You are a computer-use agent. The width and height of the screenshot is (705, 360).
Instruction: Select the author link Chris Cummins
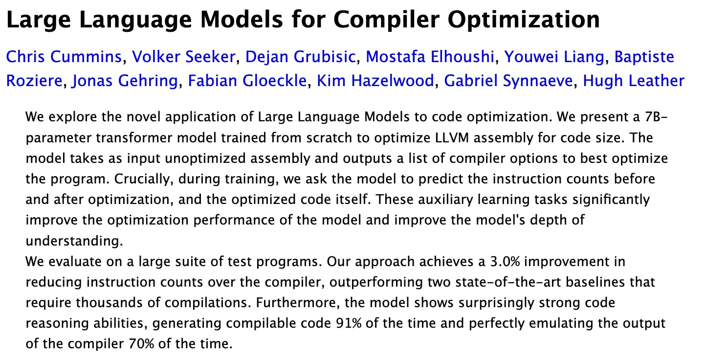[64, 57]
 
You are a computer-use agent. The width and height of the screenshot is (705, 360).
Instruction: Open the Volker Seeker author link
[183, 57]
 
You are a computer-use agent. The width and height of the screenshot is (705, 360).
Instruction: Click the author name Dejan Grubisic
[300, 57]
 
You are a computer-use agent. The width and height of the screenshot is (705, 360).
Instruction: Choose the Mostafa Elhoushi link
[430, 57]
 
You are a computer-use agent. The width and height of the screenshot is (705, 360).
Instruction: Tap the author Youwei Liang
[554, 57]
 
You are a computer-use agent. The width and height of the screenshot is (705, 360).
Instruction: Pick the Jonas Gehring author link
[125, 81]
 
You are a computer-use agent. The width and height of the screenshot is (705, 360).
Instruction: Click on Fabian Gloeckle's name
[247, 81]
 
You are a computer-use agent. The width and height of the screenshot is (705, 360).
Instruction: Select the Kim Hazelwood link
[375, 81]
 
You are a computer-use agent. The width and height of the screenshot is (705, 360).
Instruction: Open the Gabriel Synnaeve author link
[508, 81]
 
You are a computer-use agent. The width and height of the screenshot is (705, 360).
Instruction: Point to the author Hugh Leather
[634, 81]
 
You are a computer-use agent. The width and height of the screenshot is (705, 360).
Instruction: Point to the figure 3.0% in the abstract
[505, 261]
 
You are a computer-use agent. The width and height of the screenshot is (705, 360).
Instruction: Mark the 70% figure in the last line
[141, 344]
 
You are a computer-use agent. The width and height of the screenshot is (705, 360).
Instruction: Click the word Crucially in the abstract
[144, 179]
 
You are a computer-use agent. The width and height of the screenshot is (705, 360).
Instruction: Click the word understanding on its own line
[74, 241]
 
